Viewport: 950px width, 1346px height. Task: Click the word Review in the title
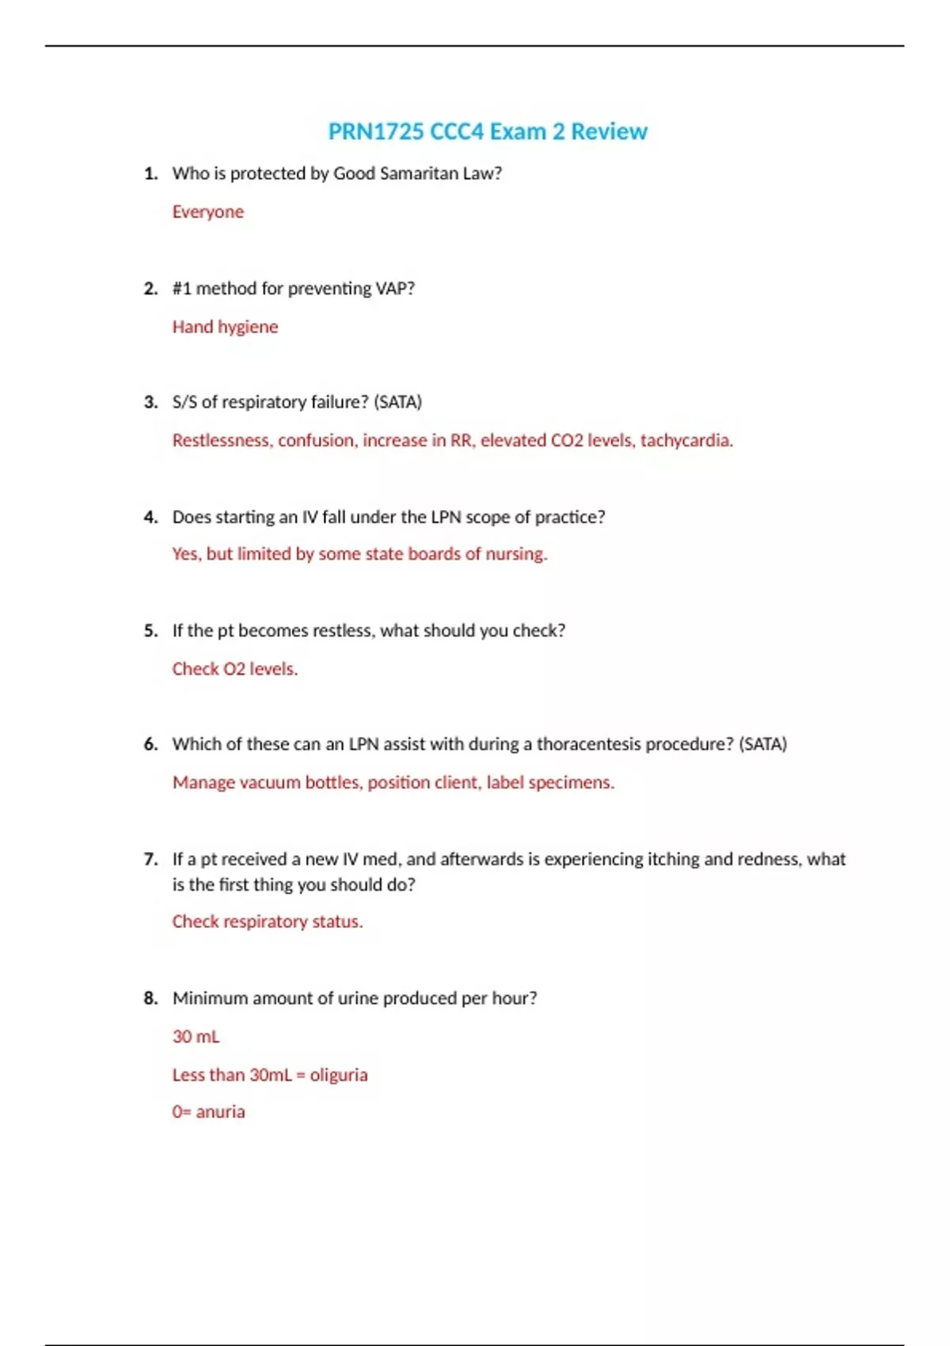(609, 131)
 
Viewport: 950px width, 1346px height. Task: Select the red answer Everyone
(208, 212)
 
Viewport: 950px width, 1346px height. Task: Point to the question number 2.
(150, 289)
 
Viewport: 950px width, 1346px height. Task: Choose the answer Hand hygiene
(225, 327)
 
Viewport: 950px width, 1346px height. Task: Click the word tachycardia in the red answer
(686, 440)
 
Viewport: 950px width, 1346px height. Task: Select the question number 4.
(150, 517)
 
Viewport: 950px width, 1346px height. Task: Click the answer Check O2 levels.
(235, 669)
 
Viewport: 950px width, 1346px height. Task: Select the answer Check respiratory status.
(268, 922)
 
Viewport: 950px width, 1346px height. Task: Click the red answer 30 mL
(196, 1036)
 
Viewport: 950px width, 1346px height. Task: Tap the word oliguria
(339, 1075)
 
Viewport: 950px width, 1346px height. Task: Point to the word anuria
(220, 1112)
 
